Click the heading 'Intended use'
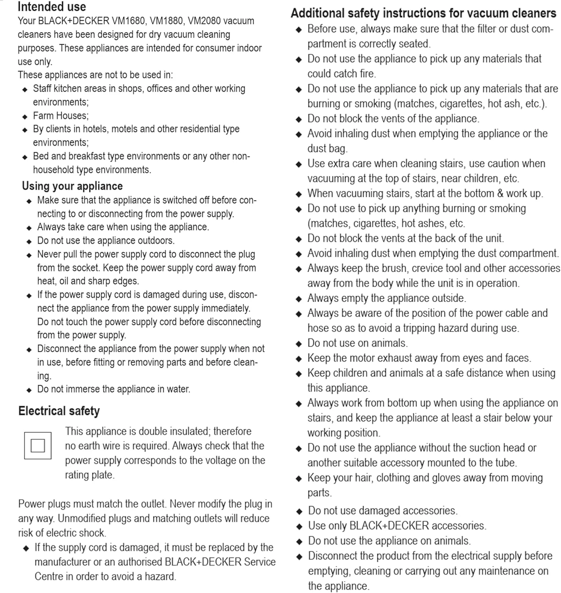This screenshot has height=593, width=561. [52, 7]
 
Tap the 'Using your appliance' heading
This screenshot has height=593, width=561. [72, 186]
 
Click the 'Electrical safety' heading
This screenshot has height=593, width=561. [59, 411]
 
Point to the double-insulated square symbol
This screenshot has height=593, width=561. [38, 446]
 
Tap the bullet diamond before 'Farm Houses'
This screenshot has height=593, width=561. [25, 117]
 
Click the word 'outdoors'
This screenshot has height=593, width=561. [155, 240]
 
